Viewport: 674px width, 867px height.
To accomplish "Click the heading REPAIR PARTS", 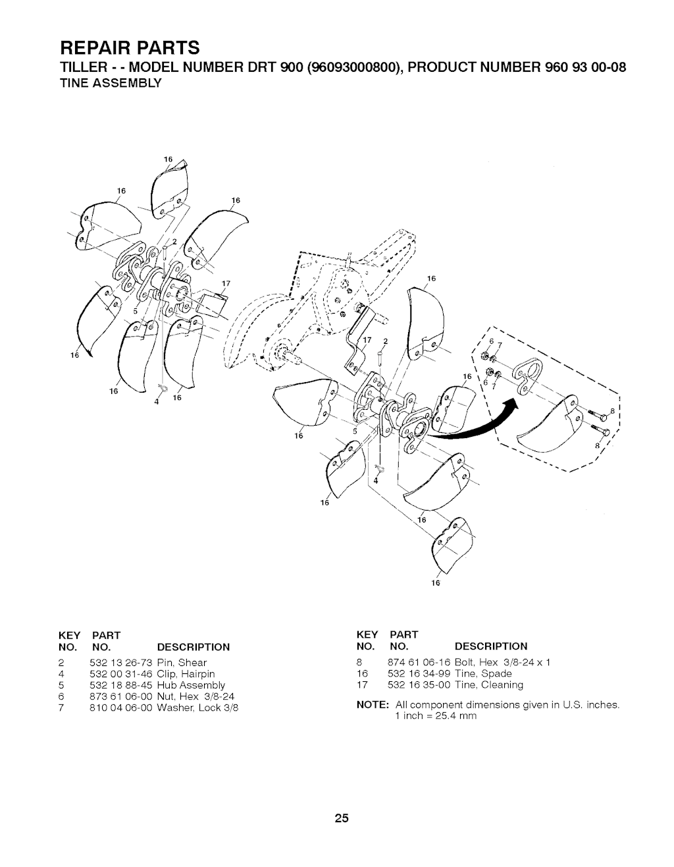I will click(130, 47).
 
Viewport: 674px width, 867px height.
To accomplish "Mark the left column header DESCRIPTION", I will click(193, 646).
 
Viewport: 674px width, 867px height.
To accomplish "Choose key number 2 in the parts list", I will click(60, 662).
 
